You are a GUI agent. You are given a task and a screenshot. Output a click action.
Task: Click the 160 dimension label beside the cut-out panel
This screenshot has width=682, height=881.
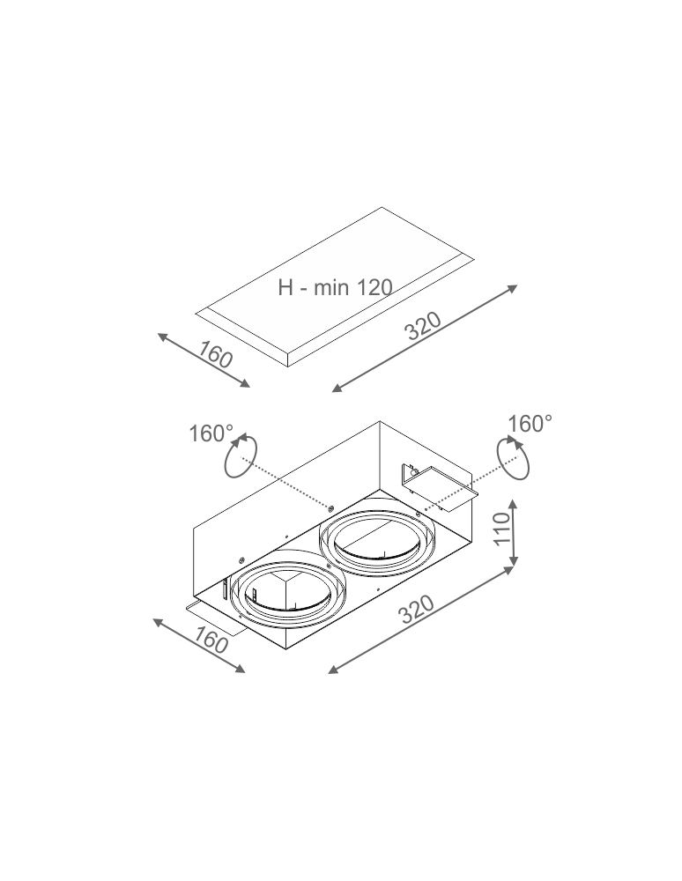(215, 354)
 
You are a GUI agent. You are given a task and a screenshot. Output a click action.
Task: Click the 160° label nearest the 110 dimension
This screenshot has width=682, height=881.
(530, 424)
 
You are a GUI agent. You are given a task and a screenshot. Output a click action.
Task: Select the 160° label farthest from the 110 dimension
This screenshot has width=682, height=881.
(211, 433)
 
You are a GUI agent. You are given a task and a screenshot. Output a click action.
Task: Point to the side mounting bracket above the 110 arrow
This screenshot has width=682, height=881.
(438, 487)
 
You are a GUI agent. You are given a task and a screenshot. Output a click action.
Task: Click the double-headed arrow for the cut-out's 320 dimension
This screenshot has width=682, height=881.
(424, 338)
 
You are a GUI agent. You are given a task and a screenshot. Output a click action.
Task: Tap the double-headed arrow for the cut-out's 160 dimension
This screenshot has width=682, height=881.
(204, 360)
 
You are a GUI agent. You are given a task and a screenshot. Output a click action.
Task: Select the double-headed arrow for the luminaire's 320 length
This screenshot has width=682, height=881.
(420, 620)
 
